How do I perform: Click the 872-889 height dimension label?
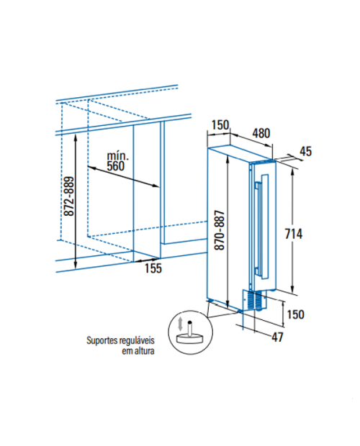pos(69,196)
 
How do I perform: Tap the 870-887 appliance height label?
pos(220,230)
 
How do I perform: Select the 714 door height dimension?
pos(294,234)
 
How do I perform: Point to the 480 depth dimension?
pos(261,133)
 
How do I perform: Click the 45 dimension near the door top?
pos(306,151)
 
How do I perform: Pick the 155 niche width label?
pos(153,268)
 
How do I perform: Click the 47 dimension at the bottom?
pos(277,337)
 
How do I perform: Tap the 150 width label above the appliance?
pos(220,125)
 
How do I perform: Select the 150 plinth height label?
pos(296,314)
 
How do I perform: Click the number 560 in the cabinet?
pos(115,166)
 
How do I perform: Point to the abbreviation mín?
pos(118,156)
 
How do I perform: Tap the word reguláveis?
pos(138,340)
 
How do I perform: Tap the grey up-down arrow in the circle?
pos(180,324)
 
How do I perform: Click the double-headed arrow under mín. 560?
pos(123,177)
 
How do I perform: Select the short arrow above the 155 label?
pos(147,260)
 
